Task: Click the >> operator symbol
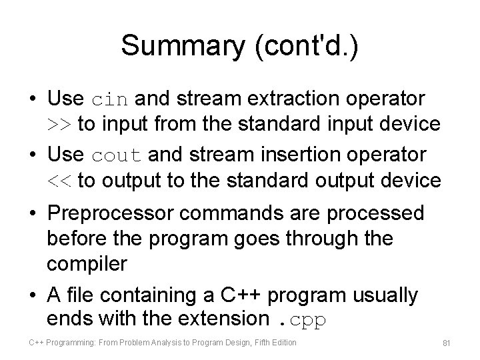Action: (x=60, y=125)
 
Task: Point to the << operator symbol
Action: (x=60, y=181)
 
